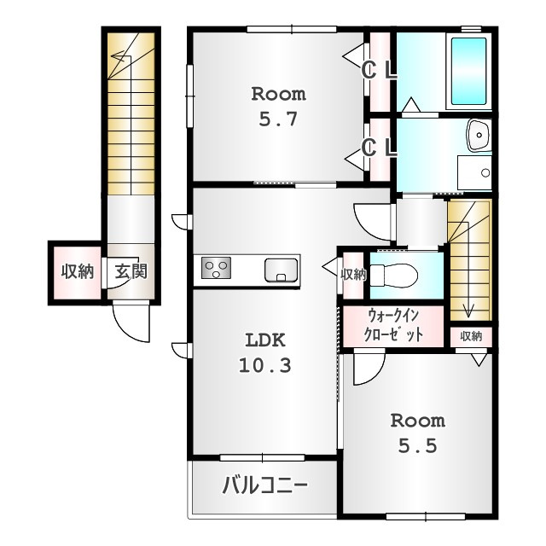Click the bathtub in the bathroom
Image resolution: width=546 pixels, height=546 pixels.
click(468, 71)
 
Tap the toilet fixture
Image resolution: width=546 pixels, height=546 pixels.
click(393, 275)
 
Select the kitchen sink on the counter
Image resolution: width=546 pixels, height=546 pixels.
click(281, 270)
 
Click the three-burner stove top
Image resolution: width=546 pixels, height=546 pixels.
click(216, 268)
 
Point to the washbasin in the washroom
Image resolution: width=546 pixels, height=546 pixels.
click(479, 136)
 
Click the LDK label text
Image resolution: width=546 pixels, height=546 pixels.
click(265, 340)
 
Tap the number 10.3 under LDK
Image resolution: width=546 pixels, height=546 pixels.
click(265, 366)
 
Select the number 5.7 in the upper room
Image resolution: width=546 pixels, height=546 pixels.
click(278, 119)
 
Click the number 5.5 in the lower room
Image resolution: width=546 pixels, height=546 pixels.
click(417, 445)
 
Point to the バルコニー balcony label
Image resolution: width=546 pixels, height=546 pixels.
click(264, 485)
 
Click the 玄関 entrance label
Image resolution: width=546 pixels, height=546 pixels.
click(131, 271)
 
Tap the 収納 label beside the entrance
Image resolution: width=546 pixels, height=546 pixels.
click(78, 271)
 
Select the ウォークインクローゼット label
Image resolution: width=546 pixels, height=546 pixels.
click(393, 326)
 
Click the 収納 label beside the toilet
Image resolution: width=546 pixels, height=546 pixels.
click(353, 275)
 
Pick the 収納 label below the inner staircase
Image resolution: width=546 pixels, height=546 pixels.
click(471, 336)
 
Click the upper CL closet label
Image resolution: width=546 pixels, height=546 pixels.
click(379, 71)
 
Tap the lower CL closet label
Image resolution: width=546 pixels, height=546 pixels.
click(379, 148)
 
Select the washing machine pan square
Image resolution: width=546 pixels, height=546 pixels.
click(474, 172)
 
